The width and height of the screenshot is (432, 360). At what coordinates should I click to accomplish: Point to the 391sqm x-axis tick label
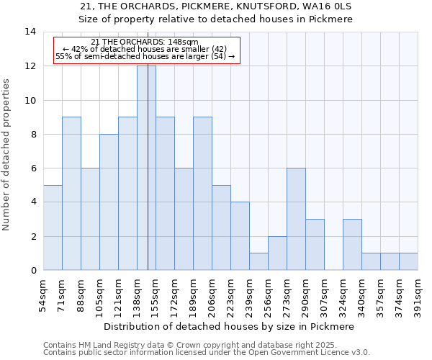(x=418, y=295)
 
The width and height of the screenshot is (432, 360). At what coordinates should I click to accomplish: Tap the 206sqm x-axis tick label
(x=212, y=295)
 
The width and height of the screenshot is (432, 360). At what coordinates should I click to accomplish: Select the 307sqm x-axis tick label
(x=324, y=295)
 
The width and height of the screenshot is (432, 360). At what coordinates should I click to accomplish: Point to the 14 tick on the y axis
(x=30, y=32)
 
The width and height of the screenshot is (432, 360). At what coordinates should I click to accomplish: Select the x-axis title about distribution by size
(x=229, y=326)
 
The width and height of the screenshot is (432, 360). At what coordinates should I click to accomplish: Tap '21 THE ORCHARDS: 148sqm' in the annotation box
(x=145, y=42)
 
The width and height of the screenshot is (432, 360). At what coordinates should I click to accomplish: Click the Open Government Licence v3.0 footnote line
(x=207, y=353)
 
